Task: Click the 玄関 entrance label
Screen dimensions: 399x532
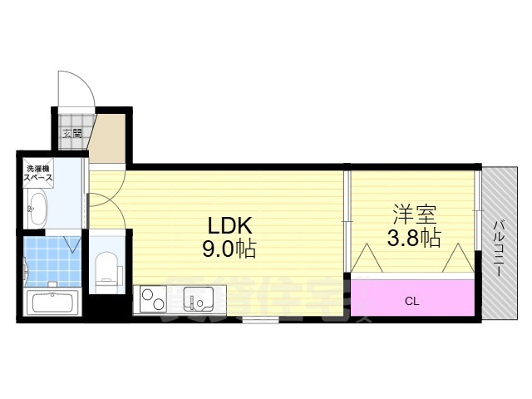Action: point(71,131)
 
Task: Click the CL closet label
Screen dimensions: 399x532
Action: point(411,301)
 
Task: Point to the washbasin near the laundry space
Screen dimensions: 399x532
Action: point(37,208)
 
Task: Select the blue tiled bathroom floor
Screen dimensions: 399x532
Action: point(52,259)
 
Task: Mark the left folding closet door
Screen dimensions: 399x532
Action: point(363,260)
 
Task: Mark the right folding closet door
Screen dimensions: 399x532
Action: point(458,260)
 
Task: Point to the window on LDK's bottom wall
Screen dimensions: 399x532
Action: point(254,318)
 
